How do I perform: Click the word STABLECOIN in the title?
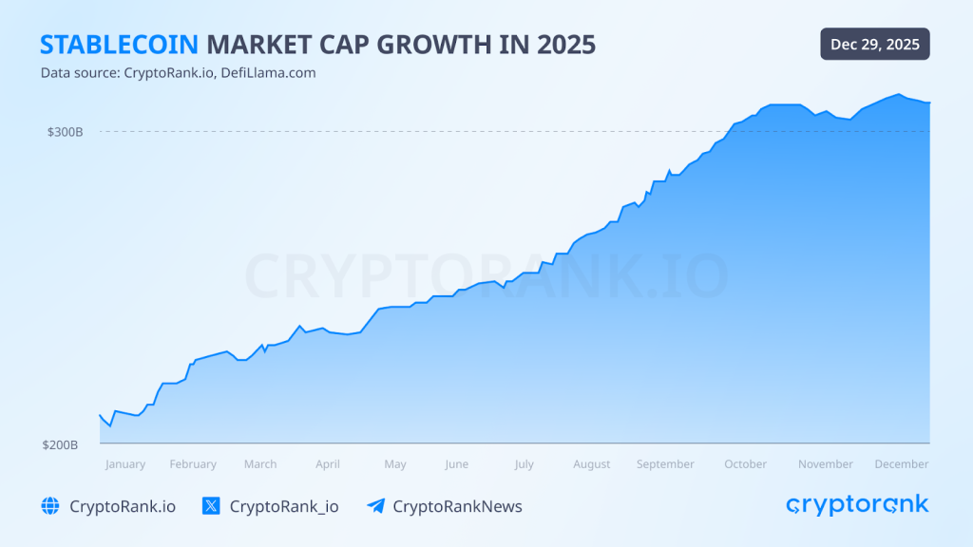tap(119, 45)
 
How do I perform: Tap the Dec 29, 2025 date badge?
tap(875, 45)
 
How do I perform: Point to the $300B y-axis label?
tap(66, 132)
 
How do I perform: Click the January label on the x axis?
tap(125, 464)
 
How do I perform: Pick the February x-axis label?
tap(193, 464)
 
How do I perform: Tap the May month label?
tap(395, 464)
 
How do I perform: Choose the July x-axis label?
tap(524, 464)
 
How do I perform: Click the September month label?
tap(665, 464)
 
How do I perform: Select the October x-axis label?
tap(746, 464)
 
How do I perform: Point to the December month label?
tap(902, 464)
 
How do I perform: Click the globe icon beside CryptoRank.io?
tap(50, 506)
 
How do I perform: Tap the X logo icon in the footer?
tap(211, 506)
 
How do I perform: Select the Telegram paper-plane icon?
tap(375, 506)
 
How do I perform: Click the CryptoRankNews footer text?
tap(457, 506)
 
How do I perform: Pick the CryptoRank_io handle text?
tap(284, 506)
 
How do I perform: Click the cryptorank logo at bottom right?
tap(857, 505)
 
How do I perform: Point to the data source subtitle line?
tap(178, 73)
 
